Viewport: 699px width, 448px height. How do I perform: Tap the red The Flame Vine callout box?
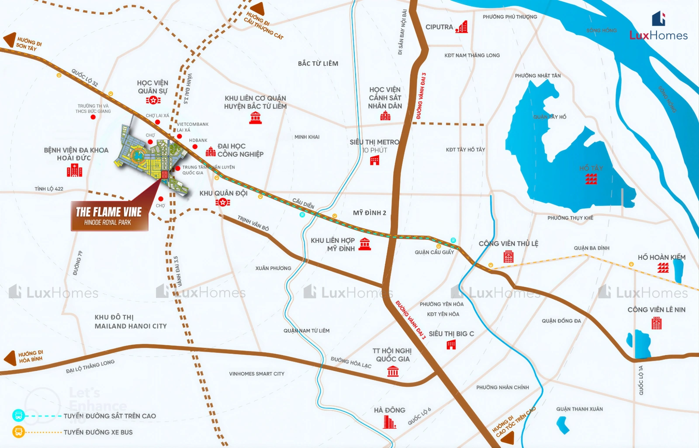109,216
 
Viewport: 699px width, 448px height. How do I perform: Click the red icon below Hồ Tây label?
591,179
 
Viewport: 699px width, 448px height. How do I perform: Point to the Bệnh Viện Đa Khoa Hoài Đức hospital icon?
74,170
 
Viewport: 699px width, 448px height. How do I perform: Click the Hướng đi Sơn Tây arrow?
10,40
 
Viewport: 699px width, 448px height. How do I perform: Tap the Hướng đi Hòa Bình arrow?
10,358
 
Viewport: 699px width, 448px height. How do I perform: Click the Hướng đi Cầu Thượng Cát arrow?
257,9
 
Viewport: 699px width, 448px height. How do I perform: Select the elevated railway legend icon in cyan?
18,415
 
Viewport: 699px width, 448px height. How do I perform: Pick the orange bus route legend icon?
18,432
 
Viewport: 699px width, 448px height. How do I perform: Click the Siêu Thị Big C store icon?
451,345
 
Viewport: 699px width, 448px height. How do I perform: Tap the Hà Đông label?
389,410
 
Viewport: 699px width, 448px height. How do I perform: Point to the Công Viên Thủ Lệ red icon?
508,256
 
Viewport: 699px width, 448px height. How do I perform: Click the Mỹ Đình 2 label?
370,213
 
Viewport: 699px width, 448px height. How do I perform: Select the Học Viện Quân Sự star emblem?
153,100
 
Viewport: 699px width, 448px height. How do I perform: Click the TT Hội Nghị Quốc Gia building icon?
393,372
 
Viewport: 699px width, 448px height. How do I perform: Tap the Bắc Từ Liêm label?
318,63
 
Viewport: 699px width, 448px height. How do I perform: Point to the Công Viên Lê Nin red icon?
656,323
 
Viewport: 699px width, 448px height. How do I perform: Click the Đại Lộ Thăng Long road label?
90,367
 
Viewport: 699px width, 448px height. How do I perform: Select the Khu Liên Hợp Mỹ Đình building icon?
364,244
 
